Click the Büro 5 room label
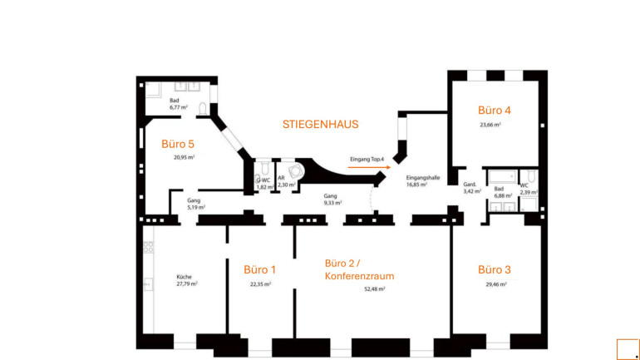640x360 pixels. click(x=178, y=144)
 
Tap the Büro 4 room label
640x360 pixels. click(x=495, y=110)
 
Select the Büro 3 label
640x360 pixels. click(x=495, y=269)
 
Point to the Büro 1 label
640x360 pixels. click(x=259, y=269)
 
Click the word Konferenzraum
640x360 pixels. click(x=359, y=276)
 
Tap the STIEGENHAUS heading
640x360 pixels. click(x=320, y=125)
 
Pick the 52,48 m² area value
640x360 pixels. click(x=374, y=289)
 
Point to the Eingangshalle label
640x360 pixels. click(x=422, y=178)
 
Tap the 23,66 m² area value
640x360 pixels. click(x=490, y=125)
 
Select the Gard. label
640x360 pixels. click(x=470, y=185)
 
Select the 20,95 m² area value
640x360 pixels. click(x=184, y=157)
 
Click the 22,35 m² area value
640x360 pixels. click(x=260, y=284)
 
